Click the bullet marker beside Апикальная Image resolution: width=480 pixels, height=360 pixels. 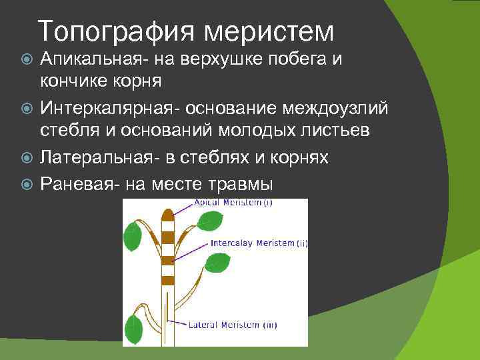[27, 60]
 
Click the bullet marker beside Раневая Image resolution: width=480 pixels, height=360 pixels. [27, 183]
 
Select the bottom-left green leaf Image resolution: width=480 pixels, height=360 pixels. [135, 329]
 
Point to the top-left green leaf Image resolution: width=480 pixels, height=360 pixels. [131, 235]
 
